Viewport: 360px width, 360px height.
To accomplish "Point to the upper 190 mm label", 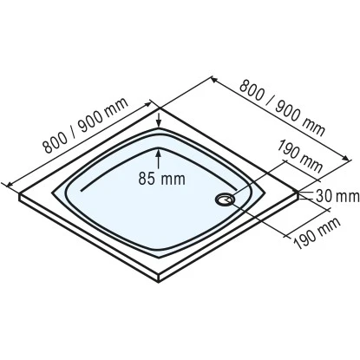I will coord(298,157).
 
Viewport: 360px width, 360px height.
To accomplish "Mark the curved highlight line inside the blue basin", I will coord(130,165).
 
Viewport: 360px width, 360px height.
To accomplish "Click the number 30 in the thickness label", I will coord(326,193).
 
